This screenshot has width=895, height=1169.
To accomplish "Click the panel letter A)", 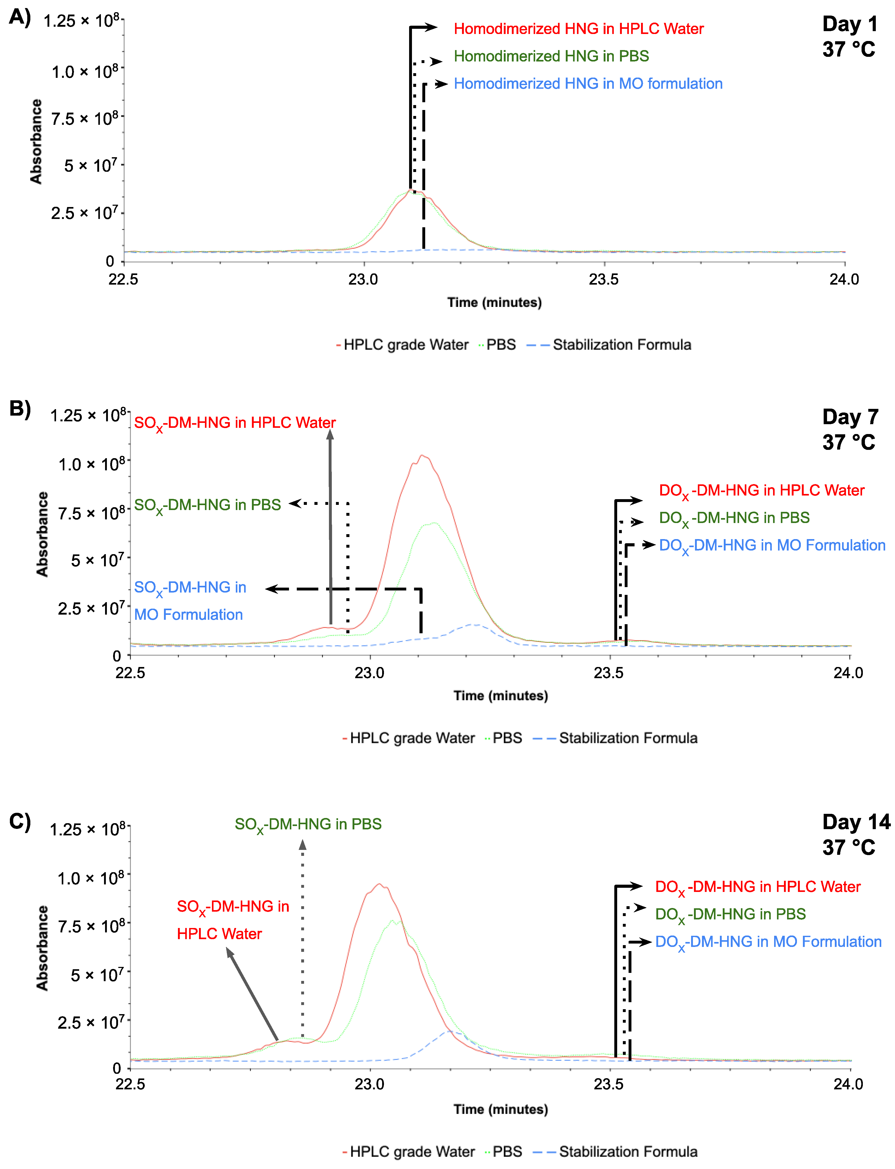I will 20,18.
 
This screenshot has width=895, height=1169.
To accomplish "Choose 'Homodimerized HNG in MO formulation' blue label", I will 588,84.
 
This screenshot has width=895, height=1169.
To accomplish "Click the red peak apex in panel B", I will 422,456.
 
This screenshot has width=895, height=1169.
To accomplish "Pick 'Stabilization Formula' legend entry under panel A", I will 621,345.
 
